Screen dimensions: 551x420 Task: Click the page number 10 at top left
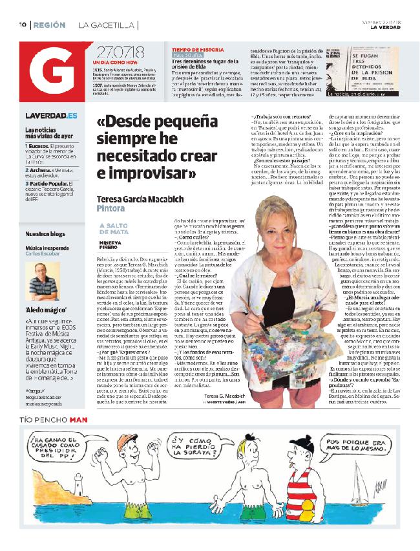21,25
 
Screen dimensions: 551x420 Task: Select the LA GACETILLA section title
107,25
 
